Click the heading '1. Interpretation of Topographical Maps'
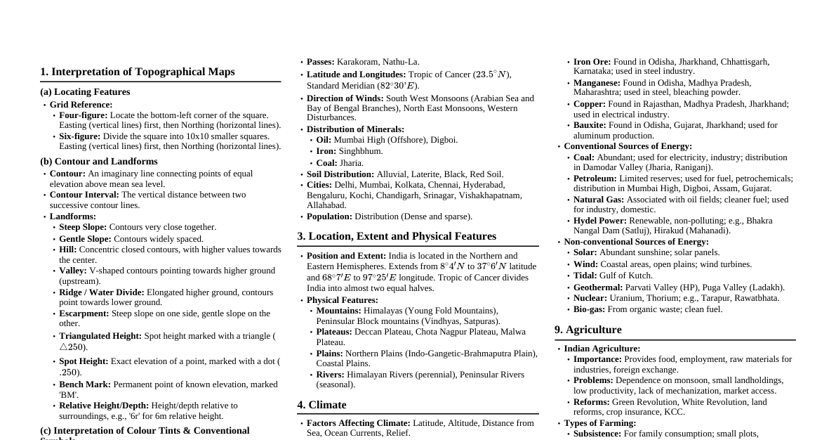138,72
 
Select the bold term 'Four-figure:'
83,115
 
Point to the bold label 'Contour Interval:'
84,195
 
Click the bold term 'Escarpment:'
84,313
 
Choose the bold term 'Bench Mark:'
85,384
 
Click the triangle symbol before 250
63,347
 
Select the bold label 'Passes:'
321,62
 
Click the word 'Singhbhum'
361,151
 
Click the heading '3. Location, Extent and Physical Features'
397,236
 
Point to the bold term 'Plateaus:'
334,332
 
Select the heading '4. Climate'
321,405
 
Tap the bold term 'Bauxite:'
590,125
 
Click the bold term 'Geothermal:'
598,287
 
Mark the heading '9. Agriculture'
588,330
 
